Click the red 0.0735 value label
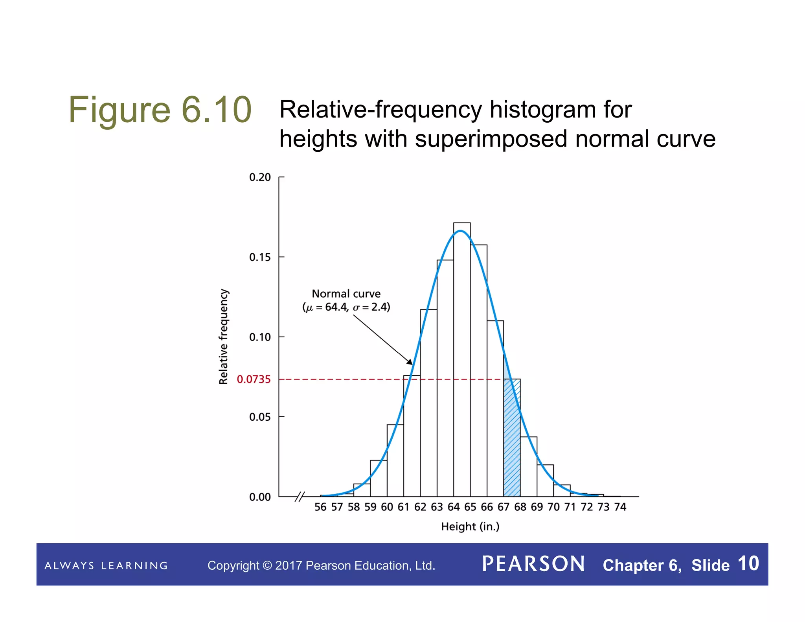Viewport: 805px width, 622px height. coord(254,379)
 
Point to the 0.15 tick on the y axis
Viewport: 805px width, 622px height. coord(260,257)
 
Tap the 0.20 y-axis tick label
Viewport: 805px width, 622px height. coord(260,177)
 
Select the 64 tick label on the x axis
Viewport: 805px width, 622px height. coord(453,507)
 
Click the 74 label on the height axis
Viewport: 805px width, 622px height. coord(620,507)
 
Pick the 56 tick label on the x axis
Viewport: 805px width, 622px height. coord(320,507)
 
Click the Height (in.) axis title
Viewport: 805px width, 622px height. coord(470,526)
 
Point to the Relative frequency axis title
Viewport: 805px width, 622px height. coord(223,337)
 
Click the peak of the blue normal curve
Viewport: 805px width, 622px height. coord(460,231)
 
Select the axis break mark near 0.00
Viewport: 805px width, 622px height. coord(300,497)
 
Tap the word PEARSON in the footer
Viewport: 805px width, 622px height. coord(533,564)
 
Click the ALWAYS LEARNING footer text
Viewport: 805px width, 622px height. coord(106,566)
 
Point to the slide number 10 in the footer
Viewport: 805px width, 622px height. coord(748,563)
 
